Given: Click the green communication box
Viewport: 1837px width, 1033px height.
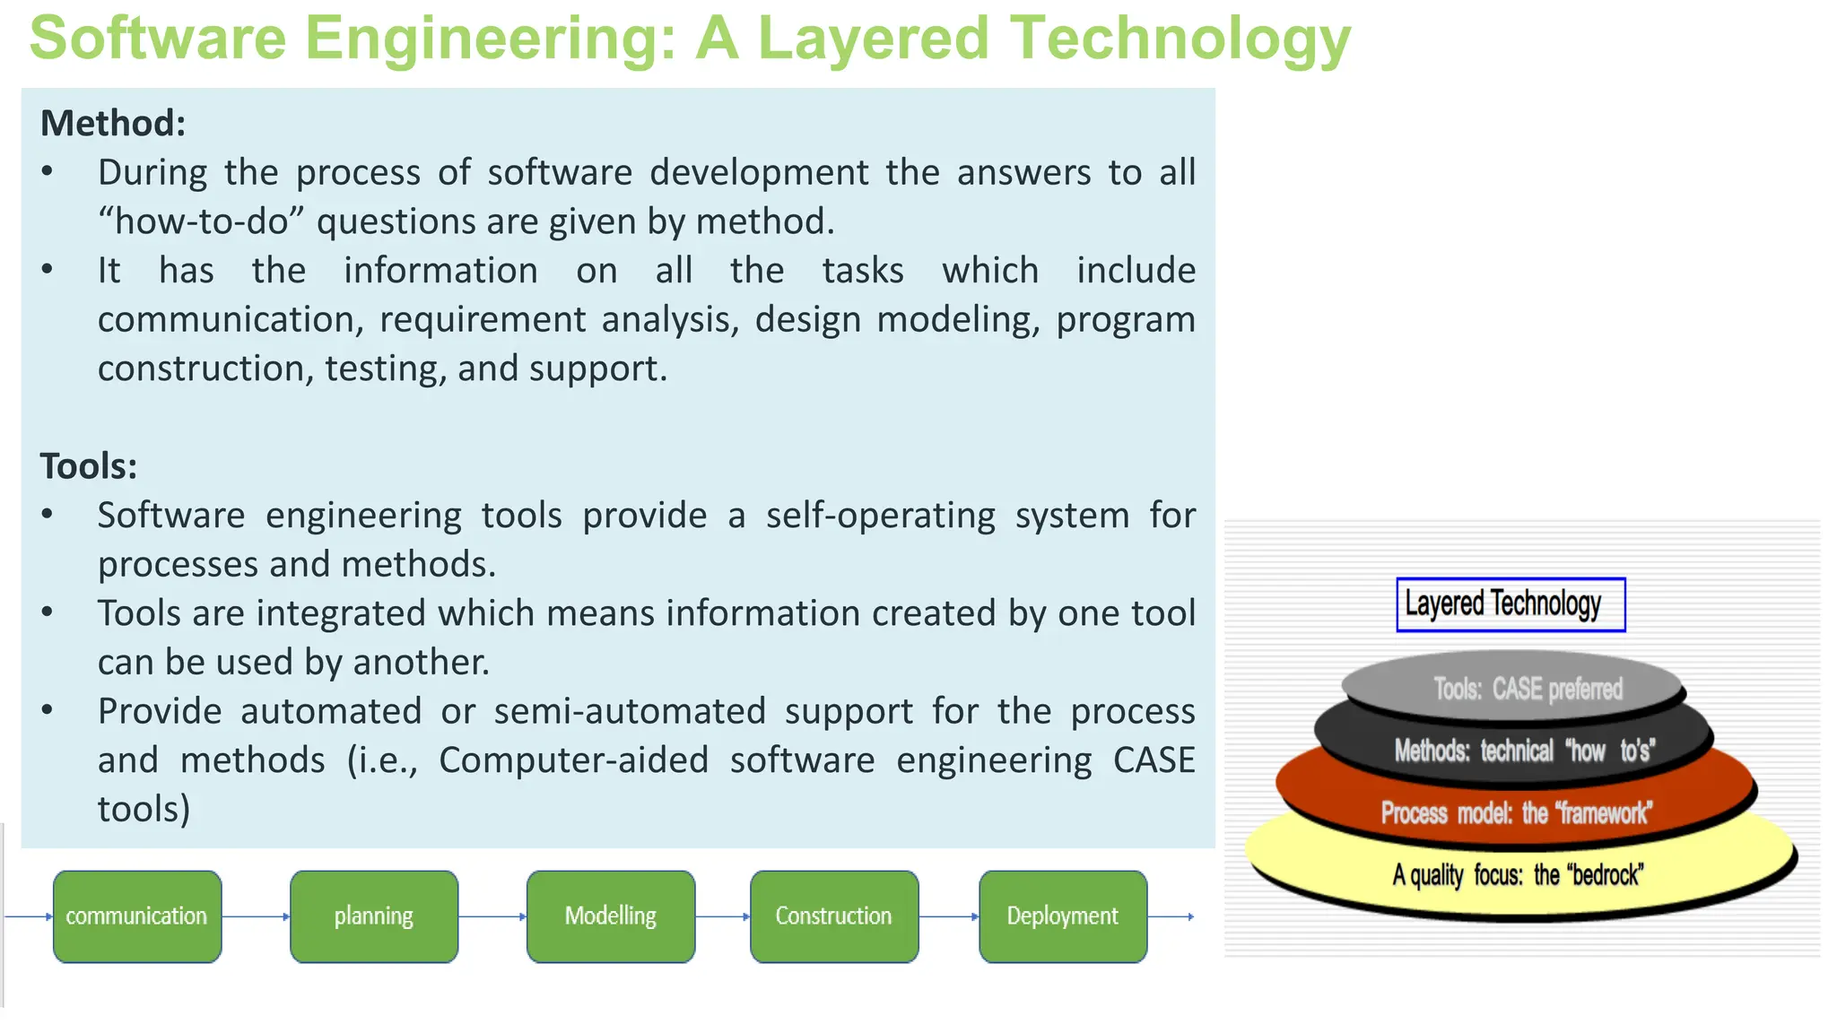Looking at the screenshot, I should pyautogui.click(x=136, y=916).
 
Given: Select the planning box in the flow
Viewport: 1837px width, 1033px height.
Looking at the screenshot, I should pyautogui.click(x=374, y=916).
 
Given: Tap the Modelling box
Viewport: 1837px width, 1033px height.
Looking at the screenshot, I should pyautogui.click(x=611, y=916).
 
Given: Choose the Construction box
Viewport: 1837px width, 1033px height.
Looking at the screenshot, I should pyautogui.click(x=834, y=916).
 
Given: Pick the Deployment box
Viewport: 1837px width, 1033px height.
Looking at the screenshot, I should pyautogui.click(x=1063, y=916).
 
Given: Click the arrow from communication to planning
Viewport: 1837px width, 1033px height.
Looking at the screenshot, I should pyautogui.click(x=256, y=916).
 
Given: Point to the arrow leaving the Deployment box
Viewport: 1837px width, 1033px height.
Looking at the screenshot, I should pyautogui.click(x=1171, y=916).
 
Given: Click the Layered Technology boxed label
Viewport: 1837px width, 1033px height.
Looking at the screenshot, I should pyautogui.click(x=1511, y=604).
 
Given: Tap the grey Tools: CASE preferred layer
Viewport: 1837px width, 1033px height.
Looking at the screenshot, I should pyautogui.click(x=1528, y=689).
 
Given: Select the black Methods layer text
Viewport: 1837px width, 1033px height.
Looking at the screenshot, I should pyautogui.click(x=1524, y=750).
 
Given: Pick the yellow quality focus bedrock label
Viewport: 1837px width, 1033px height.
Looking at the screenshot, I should pyautogui.click(x=1518, y=874).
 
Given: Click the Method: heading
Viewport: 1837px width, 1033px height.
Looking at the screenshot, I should pyautogui.click(x=113, y=123).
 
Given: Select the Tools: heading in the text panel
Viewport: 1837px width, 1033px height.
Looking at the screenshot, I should pyautogui.click(x=89, y=466).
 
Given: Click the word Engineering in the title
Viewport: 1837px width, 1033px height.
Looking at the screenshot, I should pyautogui.click(x=490, y=39).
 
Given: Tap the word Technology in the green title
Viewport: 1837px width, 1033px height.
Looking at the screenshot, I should pyautogui.click(x=1180, y=39).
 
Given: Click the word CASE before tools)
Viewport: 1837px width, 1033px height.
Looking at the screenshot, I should pyautogui.click(x=1154, y=760).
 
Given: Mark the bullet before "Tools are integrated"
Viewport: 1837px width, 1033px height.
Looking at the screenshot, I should pyautogui.click(x=48, y=612).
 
